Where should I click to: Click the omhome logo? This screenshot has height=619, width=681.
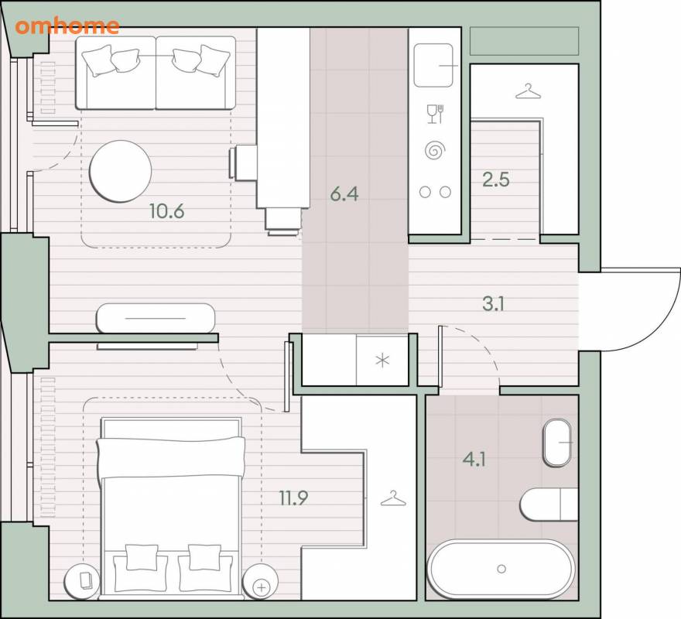(x=67, y=26)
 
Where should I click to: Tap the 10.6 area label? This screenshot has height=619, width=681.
(x=167, y=211)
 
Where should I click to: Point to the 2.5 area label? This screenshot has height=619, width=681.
(x=496, y=180)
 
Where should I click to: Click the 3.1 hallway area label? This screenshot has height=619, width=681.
(x=493, y=304)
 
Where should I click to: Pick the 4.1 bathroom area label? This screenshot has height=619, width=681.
(x=474, y=459)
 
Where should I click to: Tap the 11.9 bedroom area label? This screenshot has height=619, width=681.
(x=293, y=498)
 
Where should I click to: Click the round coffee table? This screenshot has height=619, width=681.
(x=120, y=171)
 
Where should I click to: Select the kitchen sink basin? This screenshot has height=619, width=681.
(x=433, y=65)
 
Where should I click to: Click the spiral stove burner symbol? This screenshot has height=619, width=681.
(x=435, y=150)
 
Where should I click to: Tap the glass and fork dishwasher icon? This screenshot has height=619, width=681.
(x=435, y=114)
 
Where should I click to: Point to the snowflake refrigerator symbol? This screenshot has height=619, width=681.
(x=382, y=360)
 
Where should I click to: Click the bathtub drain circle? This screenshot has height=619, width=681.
(x=501, y=569)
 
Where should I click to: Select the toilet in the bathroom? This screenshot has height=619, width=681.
(x=549, y=504)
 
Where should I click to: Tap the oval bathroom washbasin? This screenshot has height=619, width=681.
(x=557, y=443)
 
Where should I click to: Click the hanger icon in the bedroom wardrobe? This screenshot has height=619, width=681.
(x=393, y=498)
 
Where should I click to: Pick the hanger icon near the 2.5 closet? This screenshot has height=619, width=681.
(x=528, y=91)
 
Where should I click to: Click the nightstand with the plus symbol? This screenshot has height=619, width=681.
(x=261, y=582)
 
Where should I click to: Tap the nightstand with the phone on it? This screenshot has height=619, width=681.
(x=82, y=582)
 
